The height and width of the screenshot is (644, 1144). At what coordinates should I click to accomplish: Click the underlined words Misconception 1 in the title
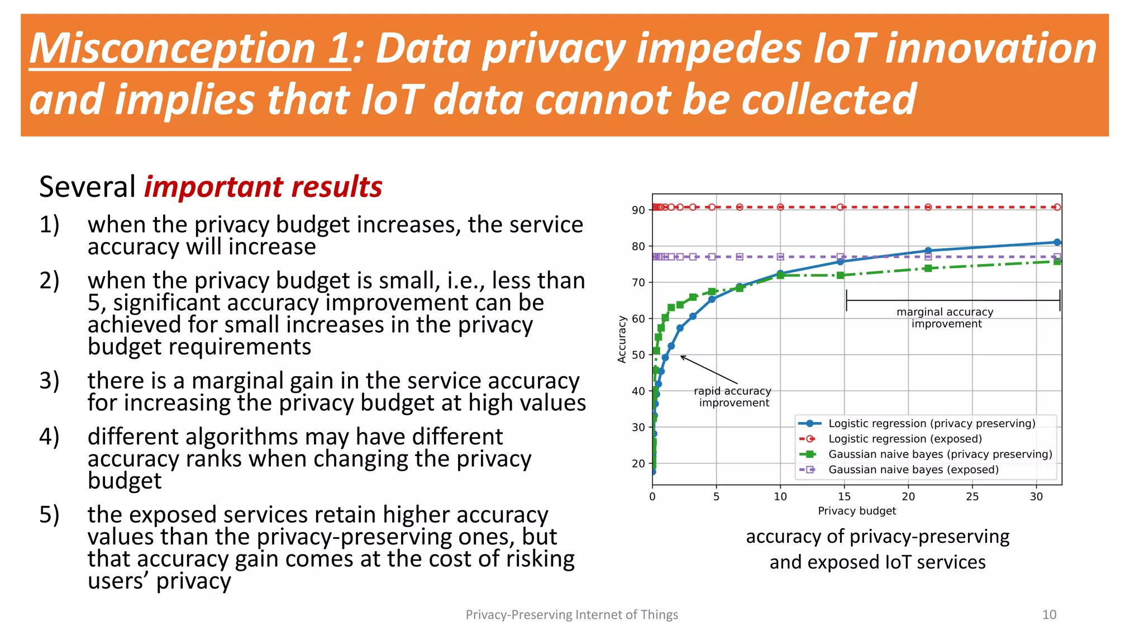pos(190,49)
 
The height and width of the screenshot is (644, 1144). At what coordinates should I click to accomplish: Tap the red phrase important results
pos(263,187)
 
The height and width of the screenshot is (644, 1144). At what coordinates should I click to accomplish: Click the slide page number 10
pos(1049,614)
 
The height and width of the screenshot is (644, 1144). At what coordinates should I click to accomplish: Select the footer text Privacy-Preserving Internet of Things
pos(571,614)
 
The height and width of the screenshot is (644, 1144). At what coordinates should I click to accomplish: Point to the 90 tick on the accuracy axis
pos(638,210)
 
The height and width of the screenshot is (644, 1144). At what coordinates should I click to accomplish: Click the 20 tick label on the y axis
pos(638,463)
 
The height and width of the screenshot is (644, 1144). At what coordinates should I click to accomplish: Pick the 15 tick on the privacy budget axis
pos(844,496)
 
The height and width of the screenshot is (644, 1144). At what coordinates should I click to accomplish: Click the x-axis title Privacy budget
pos(856,510)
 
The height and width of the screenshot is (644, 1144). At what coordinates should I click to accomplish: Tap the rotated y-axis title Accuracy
pos(621,339)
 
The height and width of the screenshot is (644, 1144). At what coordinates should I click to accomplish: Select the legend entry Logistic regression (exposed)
pos(904,439)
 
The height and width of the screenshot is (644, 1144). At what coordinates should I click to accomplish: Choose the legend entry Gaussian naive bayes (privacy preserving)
pos(940,454)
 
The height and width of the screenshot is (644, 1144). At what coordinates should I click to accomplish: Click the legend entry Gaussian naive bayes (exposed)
pos(913,470)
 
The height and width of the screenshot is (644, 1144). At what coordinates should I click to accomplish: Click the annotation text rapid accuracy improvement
pos(733,397)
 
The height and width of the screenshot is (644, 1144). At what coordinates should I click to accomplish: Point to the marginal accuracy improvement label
pos(945,318)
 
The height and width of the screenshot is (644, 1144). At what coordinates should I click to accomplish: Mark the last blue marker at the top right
pos(1057,242)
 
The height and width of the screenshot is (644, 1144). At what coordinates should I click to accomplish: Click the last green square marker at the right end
pos(1057,261)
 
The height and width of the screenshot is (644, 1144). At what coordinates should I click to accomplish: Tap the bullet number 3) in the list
pos(49,381)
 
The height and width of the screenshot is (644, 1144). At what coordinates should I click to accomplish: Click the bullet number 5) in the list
pos(49,515)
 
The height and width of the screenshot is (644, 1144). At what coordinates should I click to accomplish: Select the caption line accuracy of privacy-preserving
pos(877,537)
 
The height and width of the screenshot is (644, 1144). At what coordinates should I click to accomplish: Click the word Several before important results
pos(87,187)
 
